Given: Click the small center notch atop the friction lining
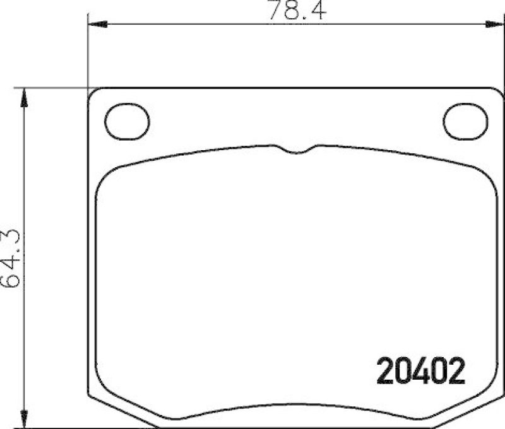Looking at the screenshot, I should coord(292,150).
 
